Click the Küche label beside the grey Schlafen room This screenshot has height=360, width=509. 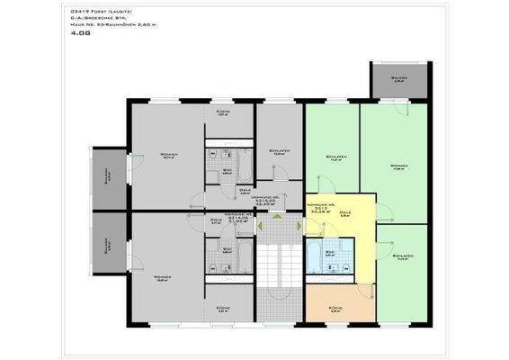[x=224, y=114]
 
